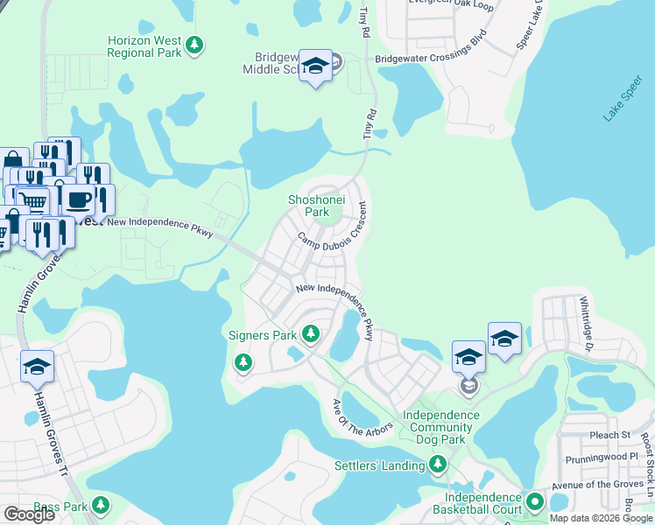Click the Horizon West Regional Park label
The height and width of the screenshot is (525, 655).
tap(144, 46)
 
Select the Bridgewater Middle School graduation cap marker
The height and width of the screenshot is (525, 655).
tap(315, 66)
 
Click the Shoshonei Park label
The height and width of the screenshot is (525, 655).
tap(316, 206)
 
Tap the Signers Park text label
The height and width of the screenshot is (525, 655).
tap(262, 334)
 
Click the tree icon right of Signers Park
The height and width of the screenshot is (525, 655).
tap(310, 332)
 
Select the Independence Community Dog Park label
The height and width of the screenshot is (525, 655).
tap(438, 427)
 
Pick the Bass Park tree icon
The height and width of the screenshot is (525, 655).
tap(101, 506)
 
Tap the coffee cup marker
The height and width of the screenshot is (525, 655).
tap(78, 199)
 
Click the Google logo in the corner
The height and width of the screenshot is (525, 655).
tap(28, 514)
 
